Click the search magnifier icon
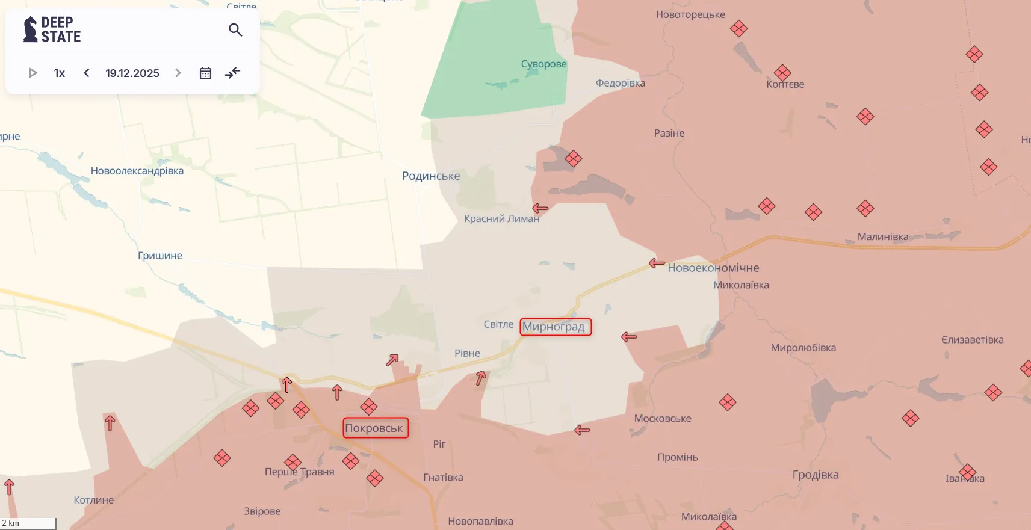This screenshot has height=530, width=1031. click(235, 30)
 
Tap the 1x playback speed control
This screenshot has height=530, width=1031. click(59, 73)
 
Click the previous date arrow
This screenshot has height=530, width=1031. click(87, 73)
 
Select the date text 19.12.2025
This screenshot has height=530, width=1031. click(132, 73)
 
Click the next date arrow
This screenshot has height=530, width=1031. click(178, 73)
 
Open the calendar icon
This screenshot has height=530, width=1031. click(205, 73)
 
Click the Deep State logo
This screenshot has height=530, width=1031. click(52, 29)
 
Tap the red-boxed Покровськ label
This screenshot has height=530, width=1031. click(374, 428)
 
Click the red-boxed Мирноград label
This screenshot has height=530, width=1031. click(554, 327)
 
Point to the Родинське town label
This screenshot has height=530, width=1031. click(431, 176)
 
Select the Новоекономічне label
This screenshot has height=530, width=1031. click(713, 268)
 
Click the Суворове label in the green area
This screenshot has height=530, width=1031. click(543, 64)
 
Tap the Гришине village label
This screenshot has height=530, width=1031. click(160, 256)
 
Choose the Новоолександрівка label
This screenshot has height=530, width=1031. click(137, 171)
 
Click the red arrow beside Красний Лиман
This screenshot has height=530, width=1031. click(540, 208)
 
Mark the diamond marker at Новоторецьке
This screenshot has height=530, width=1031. click(738, 28)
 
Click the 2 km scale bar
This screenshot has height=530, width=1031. click(28, 523)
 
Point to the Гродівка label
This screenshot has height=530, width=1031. click(816, 475)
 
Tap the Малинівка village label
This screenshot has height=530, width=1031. click(883, 237)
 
